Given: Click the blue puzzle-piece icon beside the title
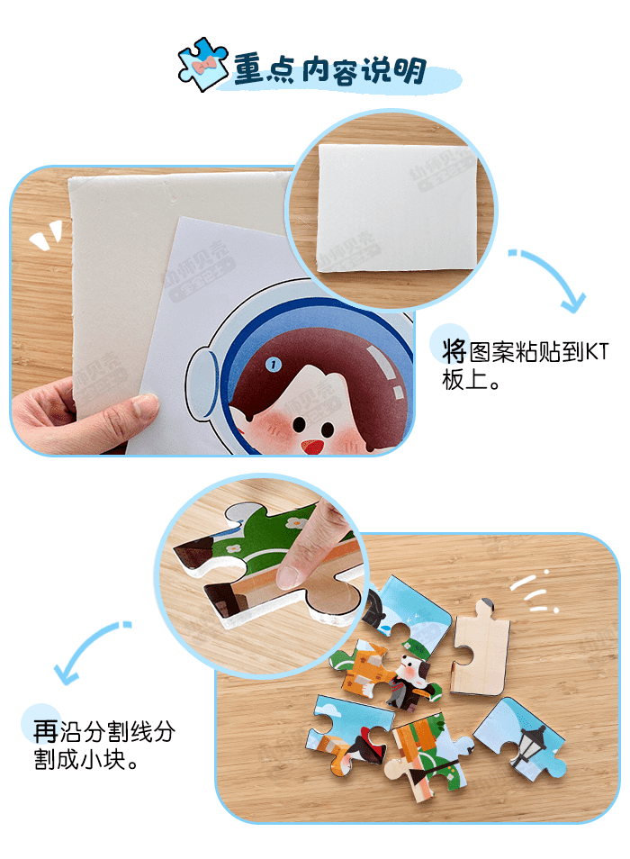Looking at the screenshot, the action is tap(202, 65).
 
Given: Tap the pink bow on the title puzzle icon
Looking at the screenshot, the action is tap(203, 67).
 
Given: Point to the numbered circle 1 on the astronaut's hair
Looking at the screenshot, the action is tap(273, 364).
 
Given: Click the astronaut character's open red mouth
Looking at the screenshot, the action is tap(312, 447).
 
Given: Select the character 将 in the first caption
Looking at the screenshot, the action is tap(454, 351).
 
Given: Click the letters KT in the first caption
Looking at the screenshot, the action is tap(598, 352).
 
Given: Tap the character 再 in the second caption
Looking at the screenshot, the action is tap(45, 731).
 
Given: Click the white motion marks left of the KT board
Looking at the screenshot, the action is tap(46, 236).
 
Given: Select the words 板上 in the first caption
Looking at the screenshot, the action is tap(465, 380).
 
